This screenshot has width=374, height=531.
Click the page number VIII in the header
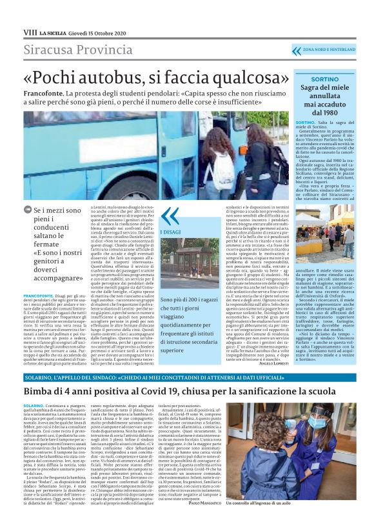pyautogui.click(x=29, y=31)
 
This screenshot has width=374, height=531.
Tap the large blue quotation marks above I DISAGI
pyautogui.click(x=170, y=215)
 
